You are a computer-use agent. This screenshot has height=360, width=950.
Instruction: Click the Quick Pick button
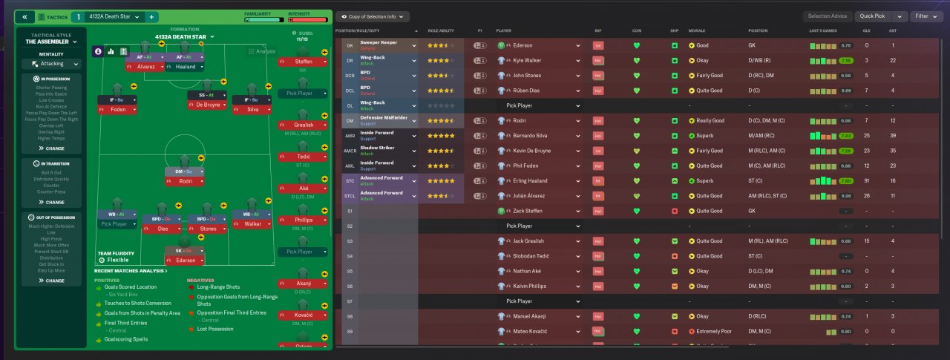[873, 16]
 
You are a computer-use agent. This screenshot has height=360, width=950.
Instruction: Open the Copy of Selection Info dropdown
[373, 16]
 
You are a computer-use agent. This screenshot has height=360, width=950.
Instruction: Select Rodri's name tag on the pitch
[186, 181]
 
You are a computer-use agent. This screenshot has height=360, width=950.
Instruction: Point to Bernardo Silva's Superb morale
[705, 136]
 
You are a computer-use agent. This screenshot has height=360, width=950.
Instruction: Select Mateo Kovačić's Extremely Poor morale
[716, 331]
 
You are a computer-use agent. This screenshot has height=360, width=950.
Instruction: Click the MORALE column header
[698, 30]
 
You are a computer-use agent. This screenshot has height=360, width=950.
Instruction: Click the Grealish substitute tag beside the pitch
[303, 125]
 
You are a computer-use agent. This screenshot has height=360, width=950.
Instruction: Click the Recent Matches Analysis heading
[131, 271]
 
